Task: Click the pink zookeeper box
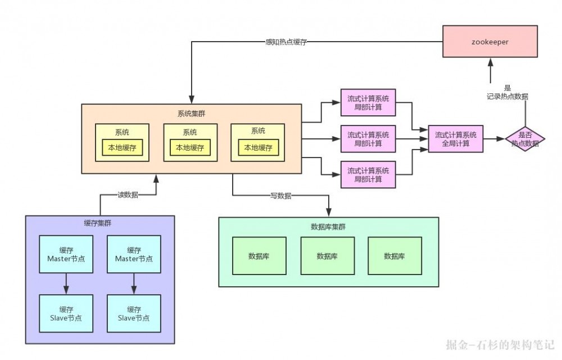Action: [x=491, y=42]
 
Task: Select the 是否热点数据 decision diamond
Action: [x=525, y=139]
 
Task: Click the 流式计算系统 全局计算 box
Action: [x=456, y=139]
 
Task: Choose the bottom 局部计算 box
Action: [x=368, y=174]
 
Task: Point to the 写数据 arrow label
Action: [x=280, y=195]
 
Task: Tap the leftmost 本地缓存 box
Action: [x=122, y=148]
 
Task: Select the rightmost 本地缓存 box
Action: [x=258, y=148]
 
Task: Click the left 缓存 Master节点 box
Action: [x=66, y=254]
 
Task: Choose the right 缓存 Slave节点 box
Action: [x=134, y=313]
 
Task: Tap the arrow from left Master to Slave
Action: [x=66, y=284]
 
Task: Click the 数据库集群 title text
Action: [x=328, y=227]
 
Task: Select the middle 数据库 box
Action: [x=327, y=256]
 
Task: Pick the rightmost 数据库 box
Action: [x=395, y=256]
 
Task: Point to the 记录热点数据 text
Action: [x=507, y=97]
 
